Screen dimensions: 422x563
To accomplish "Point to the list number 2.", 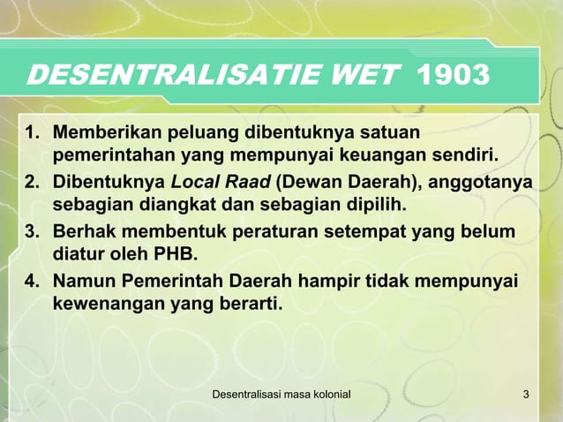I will [33, 184].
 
